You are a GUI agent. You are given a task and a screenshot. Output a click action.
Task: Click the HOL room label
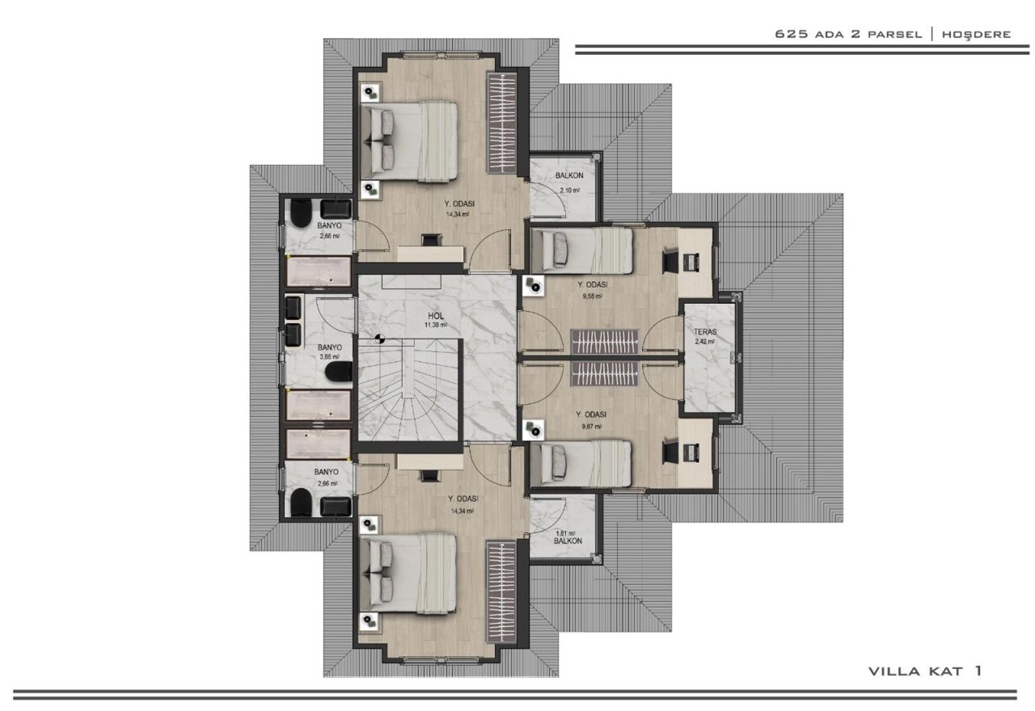[x=436, y=316]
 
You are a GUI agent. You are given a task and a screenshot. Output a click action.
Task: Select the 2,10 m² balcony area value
[x=570, y=190]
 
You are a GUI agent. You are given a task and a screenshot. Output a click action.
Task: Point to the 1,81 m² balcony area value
[x=565, y=533]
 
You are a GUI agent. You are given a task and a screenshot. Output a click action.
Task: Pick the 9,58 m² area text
[x=593, y=296]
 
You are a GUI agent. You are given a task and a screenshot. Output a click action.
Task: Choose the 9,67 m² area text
[x=593, y=426]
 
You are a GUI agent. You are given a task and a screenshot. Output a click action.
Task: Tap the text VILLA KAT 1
[x=925, y=671]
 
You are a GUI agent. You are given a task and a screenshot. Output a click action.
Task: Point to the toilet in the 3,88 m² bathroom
[x=338, y=372]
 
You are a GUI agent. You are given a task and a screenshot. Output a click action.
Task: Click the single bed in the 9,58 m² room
[x=581, y=250]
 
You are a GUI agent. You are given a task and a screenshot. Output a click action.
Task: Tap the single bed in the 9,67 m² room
[x=581, y=463]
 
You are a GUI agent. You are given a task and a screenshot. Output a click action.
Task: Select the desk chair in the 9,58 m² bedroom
[x=670, y=260]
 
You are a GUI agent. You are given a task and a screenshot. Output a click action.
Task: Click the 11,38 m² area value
[x=436, y=326]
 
